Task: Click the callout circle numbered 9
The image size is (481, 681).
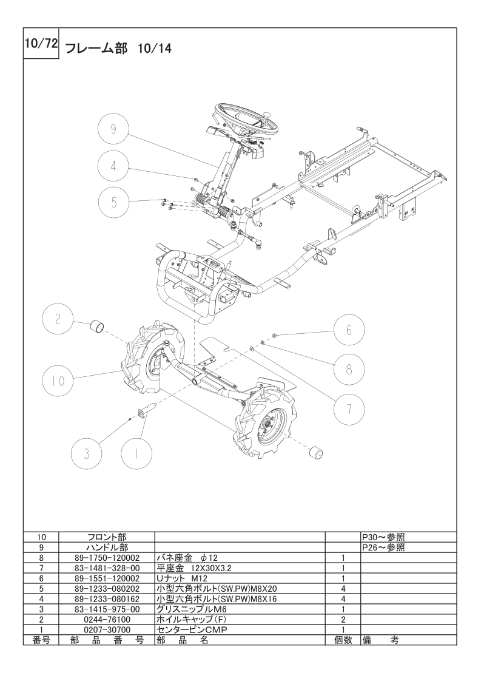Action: pos(113,129)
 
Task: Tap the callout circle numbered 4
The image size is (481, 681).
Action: pos(113,166)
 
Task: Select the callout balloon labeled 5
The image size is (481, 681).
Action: pos(114,202)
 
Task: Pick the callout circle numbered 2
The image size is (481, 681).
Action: pos(58,320)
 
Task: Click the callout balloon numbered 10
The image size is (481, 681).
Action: pos(58,381)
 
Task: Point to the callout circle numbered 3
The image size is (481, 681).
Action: pos(87,453)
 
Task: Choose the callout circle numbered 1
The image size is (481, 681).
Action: pos(136,453)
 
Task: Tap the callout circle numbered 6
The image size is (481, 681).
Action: pos(349,330)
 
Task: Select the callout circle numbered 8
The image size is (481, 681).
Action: pos(349,369)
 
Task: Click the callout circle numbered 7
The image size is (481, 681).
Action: pos(349,408)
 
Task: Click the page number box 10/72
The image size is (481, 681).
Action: pos(41,44)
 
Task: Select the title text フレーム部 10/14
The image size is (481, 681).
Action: pos(118,48)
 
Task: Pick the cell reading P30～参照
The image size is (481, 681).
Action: pos(384,537)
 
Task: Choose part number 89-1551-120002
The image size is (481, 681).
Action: pos(107,578)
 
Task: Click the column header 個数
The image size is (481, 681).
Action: pos(343,640)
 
